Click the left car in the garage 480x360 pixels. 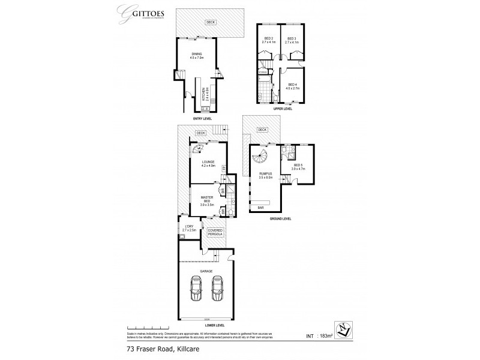194,289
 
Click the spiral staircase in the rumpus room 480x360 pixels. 262,160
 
